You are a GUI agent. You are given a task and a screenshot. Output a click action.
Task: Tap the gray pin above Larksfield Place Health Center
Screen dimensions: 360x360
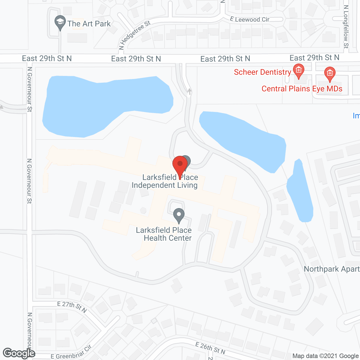point(179,215)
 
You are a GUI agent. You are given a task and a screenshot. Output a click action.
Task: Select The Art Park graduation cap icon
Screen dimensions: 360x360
point(60,22)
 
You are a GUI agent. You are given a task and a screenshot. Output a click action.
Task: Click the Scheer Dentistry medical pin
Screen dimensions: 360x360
point(299,71)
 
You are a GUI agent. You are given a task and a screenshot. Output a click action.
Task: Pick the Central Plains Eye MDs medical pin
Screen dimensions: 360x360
point(330,74)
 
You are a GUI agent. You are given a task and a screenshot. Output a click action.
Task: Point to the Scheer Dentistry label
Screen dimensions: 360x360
point(262,72)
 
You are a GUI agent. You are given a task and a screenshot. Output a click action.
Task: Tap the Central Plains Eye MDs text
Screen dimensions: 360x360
point(302,89)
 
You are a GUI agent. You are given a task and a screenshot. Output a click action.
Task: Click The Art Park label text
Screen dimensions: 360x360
point(89,24)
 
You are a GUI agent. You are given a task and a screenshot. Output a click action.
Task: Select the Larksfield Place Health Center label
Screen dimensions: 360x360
point(164,234)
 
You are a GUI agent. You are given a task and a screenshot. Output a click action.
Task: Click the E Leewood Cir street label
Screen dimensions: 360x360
point(249,19)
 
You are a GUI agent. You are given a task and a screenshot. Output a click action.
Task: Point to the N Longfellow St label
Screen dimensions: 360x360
point(346,27)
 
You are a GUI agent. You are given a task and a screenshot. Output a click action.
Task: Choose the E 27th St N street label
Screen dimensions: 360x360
point(72,307)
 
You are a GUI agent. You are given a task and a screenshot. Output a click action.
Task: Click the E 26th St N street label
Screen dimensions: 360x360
point(210,348)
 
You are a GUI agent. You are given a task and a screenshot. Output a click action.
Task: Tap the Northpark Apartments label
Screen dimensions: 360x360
point(332,269)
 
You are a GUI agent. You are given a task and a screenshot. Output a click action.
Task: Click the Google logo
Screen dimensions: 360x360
point(19,353)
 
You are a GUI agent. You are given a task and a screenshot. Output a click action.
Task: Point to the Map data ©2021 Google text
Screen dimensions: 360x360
point(325,356)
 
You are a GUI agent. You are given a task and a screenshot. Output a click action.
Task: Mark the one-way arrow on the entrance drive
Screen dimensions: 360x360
point(189,91)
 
